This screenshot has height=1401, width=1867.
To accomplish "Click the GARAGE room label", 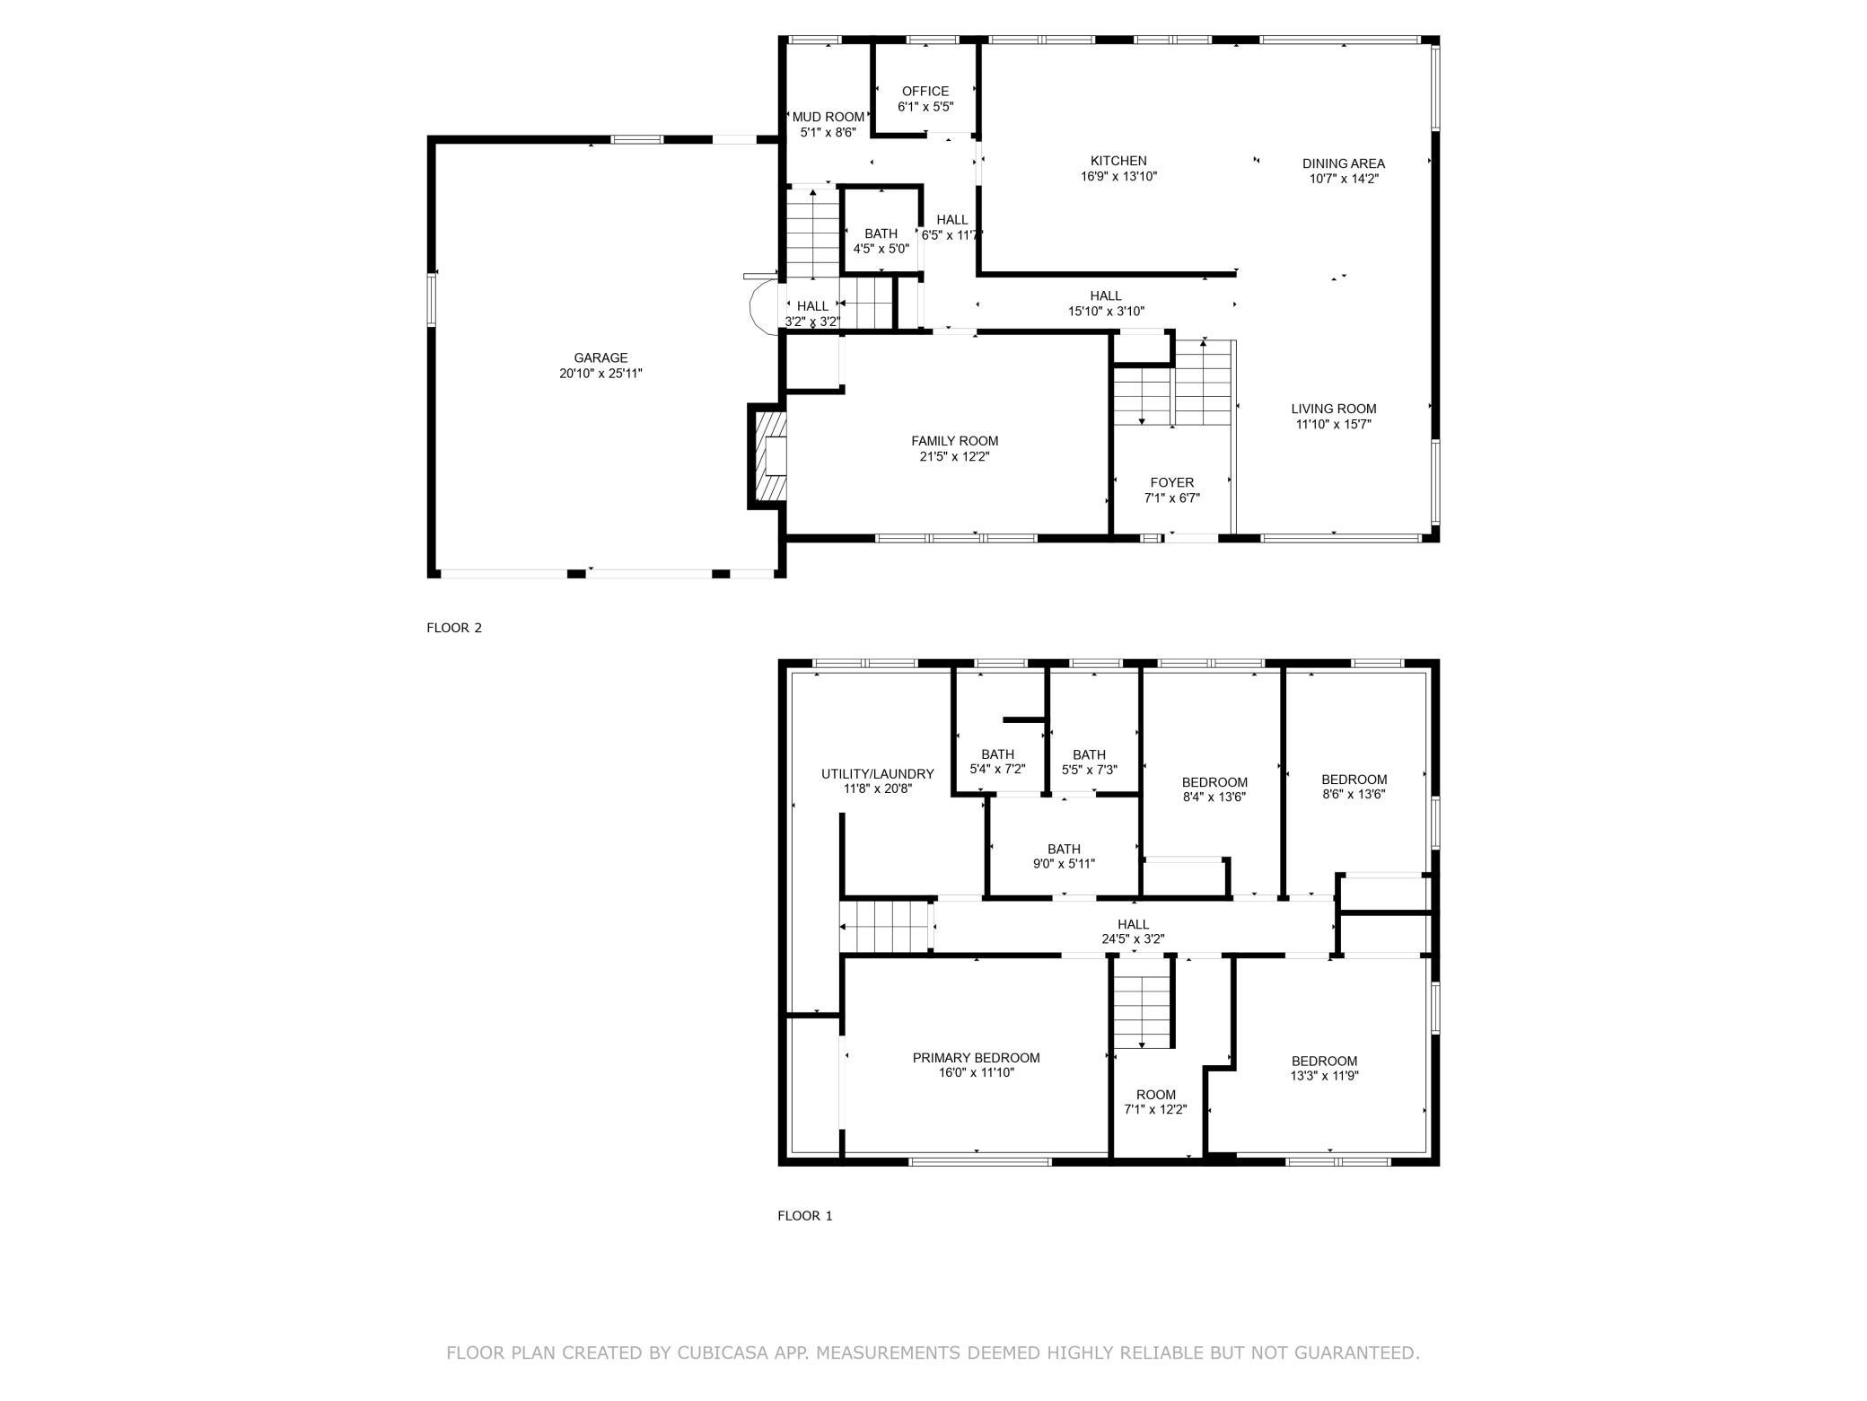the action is [600, 357].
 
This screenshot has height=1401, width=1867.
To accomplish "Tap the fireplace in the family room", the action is [769, 455].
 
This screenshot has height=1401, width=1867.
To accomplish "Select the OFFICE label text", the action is [925, 91].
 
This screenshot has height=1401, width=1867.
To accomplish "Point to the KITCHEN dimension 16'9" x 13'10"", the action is [1118, 177].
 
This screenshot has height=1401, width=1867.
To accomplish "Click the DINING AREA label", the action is [1344, 163].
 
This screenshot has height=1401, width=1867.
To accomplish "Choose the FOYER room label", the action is [1172, 482].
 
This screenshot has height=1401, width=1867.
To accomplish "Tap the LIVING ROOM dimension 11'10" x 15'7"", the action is [1333, 424].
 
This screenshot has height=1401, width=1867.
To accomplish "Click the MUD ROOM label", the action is [828, 117].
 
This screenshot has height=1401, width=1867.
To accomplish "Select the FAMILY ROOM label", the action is [954, 441].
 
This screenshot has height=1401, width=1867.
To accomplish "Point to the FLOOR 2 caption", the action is [454, 628].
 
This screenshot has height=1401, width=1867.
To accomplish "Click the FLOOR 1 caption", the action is [805, 1216].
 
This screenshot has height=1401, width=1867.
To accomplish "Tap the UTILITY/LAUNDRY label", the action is [878, 773].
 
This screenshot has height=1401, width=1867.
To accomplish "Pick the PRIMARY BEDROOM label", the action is [977, 1058].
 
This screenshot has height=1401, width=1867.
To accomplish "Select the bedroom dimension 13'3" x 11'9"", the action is [1324, 1076].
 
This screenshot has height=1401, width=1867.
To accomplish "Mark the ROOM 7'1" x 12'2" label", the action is [1156, 1102].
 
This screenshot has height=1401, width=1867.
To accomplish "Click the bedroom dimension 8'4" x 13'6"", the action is [1214, 797].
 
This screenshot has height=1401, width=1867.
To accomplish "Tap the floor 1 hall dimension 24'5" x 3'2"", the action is [1133, 939].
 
